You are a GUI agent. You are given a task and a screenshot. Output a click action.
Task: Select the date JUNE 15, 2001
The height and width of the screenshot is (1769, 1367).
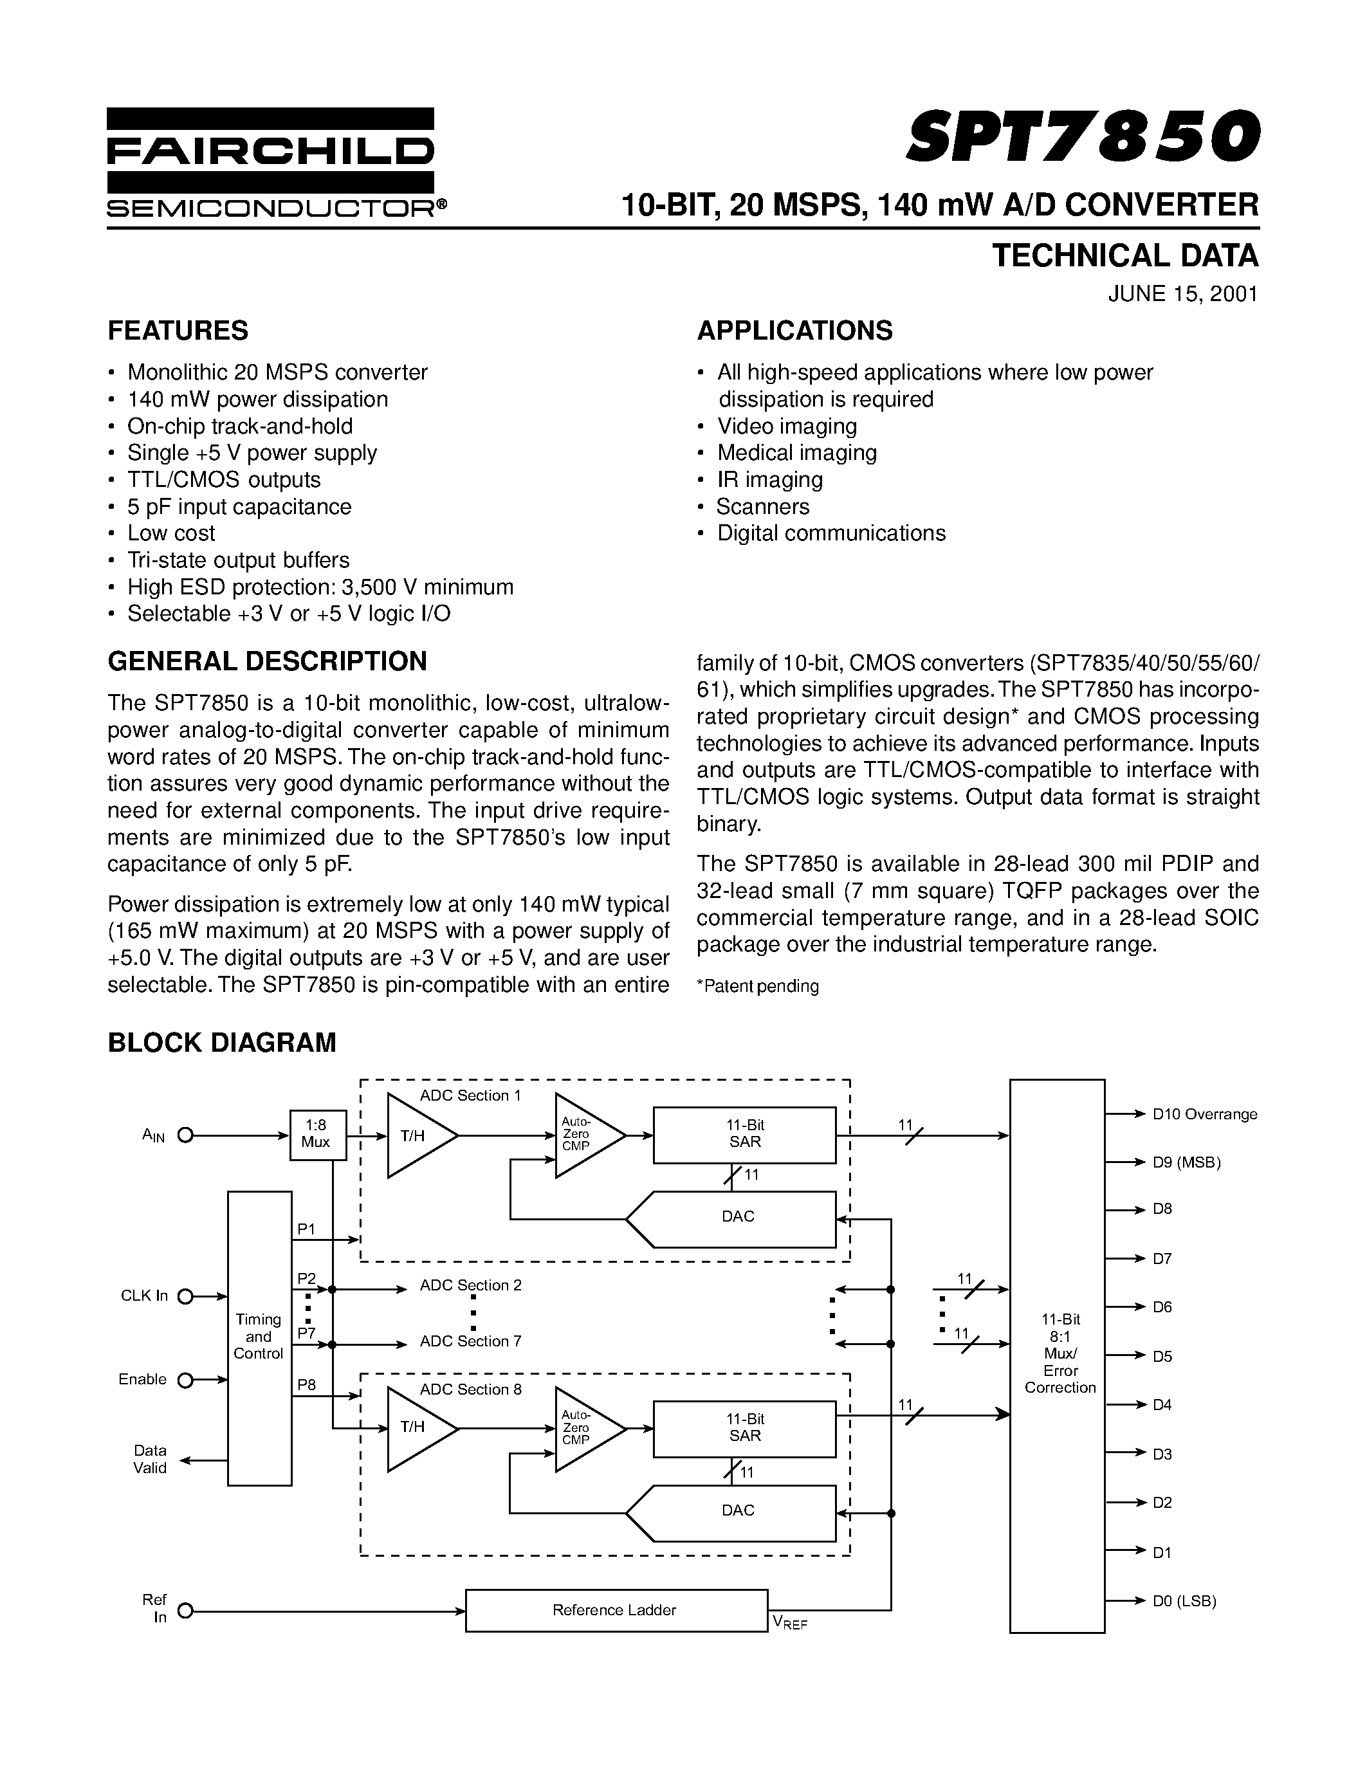pyautogui.click(x=1182, y=293)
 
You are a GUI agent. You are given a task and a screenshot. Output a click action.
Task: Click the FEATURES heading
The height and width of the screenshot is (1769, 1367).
pyautogui.click(x=178, y=331)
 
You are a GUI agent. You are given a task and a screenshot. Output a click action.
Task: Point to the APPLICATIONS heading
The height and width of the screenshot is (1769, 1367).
pyautogui.click(x=794, y=331)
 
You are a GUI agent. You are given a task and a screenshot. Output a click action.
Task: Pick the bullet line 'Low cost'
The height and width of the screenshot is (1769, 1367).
pyautogui.click(x=171, y=533)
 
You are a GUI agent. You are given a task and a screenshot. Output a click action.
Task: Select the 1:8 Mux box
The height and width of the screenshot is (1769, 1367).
pyautogui.click(x=317, y=1135)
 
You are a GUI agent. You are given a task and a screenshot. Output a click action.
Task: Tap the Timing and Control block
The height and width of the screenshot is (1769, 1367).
pyautogui.click(x=259, y=1337)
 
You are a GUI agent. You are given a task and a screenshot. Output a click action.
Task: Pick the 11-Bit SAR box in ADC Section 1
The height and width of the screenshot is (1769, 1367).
pyautogui.click(x=744, y=1135)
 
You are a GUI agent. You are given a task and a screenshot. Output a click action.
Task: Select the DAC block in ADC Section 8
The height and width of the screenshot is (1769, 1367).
pyautogui.click(x=737, y=1510)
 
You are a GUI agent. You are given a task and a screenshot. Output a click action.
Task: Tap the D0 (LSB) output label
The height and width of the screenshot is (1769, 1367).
pyautogui.click(x=1184, y=1600)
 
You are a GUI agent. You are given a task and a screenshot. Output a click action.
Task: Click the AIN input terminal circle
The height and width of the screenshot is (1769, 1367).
pyautogui.click(x=185, y=1135)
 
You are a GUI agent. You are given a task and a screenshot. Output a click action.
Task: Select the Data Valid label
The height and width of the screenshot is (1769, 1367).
pyautogui.click(x=150, y=1460)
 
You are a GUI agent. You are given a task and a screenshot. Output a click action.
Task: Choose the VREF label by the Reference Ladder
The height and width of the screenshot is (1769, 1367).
pyautogui.click(x=789, y=1622)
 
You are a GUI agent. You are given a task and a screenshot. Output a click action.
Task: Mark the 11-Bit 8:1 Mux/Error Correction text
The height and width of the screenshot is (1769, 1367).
pyautogui.click(x=1060, y=1353)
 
